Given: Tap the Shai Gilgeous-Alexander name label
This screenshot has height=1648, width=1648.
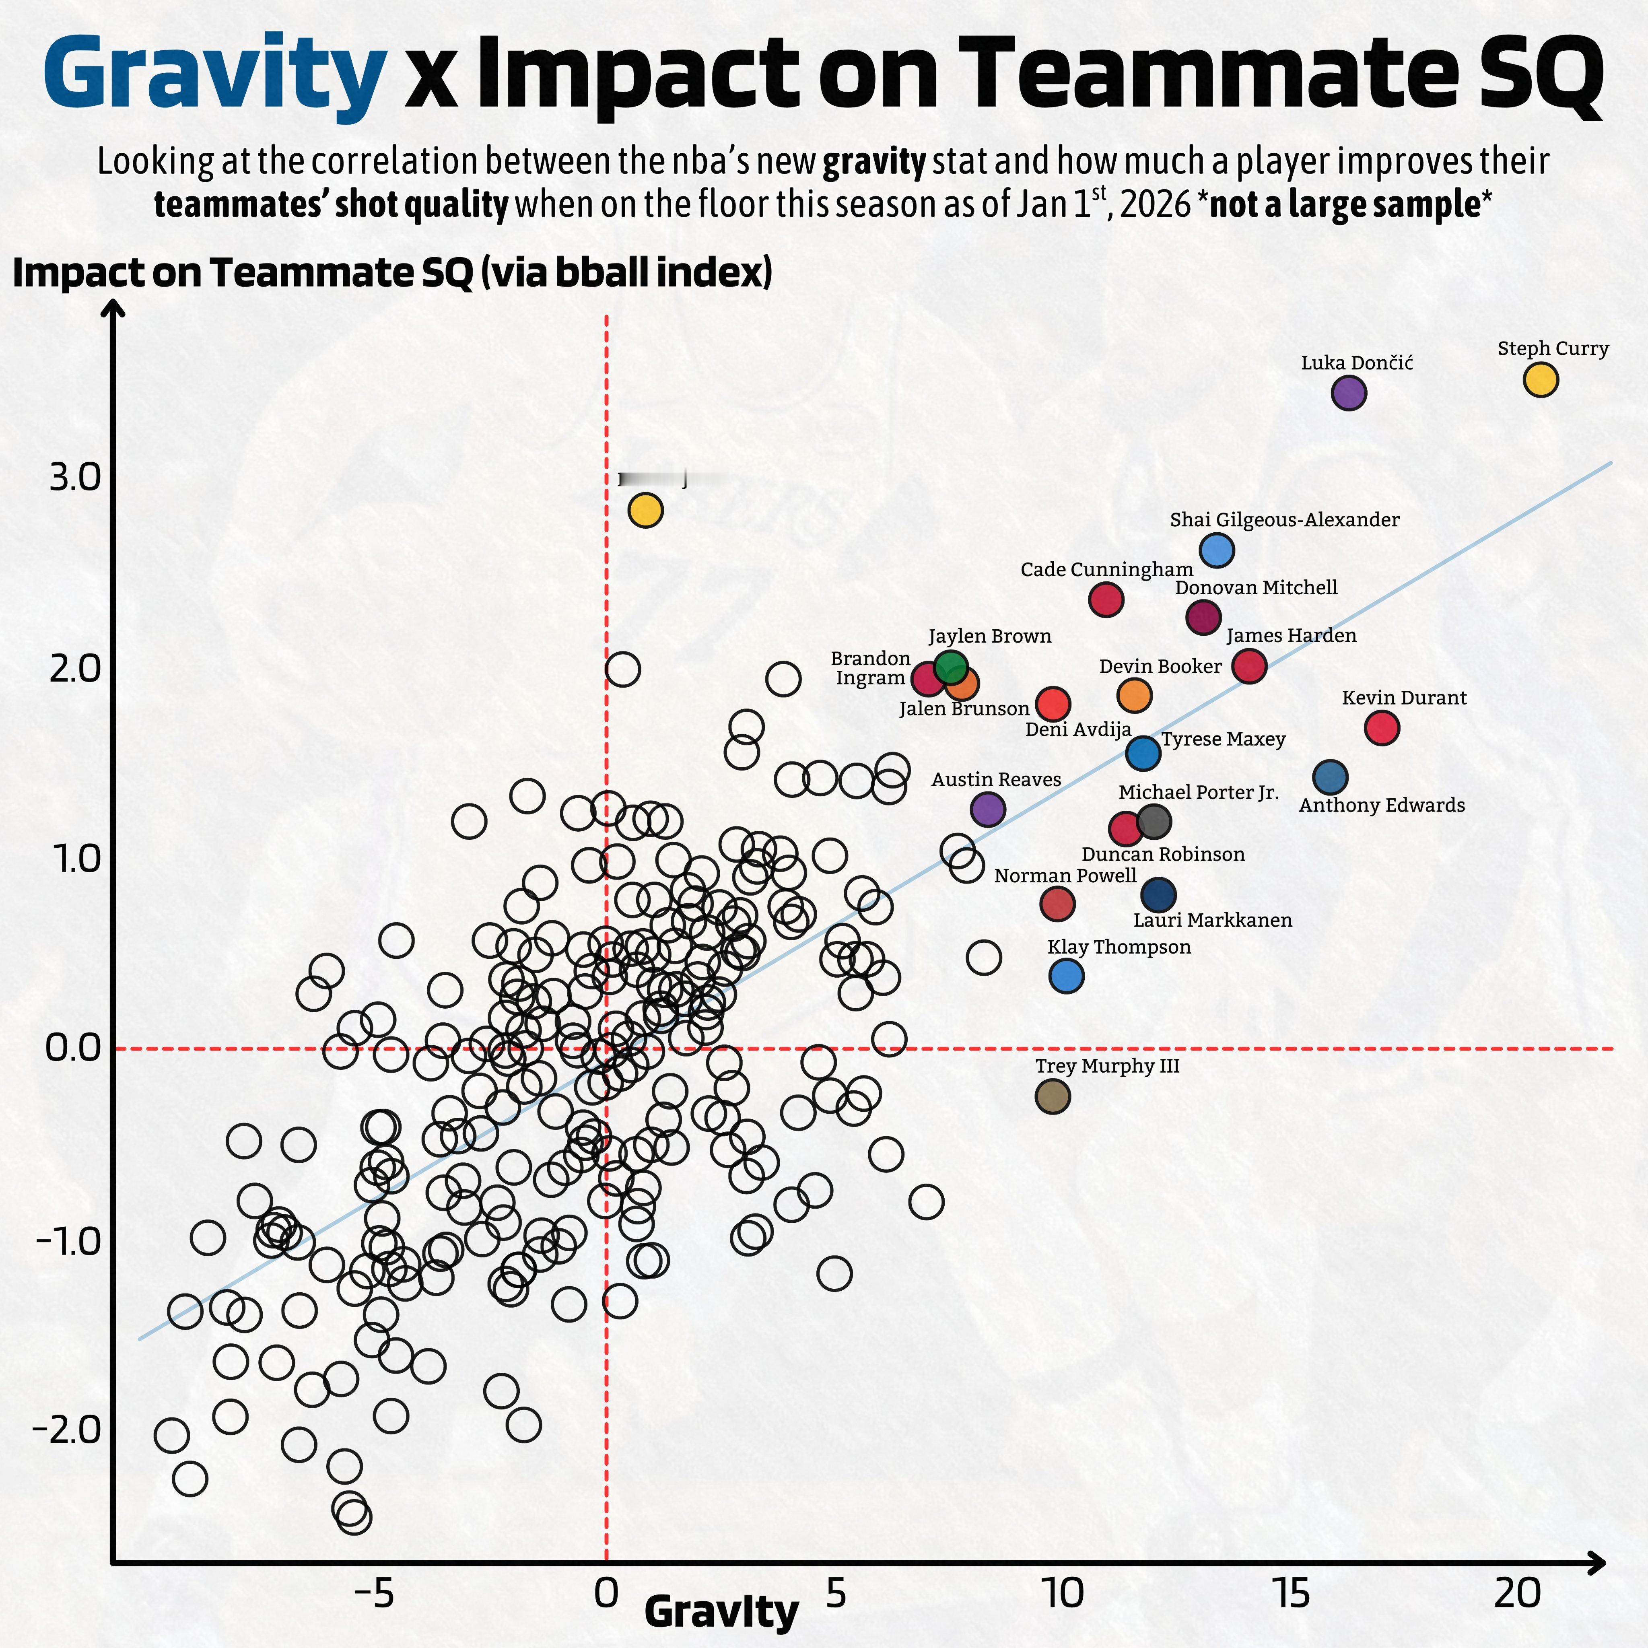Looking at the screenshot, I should coord(1284,519).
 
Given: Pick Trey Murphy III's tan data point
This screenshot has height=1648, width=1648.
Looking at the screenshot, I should coord(1053,1096).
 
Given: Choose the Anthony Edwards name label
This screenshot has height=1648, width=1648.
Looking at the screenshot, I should coord(1381,805).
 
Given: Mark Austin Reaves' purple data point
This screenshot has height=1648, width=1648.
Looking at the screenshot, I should coord(988,809).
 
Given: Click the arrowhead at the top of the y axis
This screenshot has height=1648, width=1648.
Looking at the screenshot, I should coord(113,309).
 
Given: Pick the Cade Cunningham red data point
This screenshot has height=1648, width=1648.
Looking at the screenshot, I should coord(1106,599).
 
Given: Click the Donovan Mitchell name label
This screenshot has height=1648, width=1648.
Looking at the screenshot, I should coord(1256,588).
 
